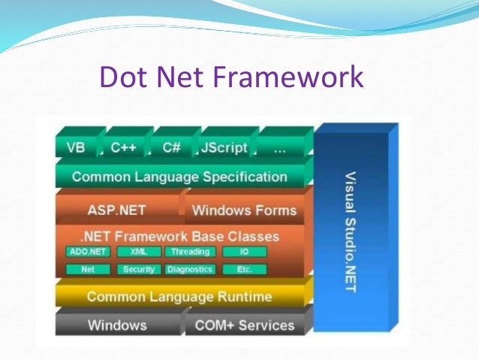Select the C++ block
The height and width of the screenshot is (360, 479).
tap(123, 148)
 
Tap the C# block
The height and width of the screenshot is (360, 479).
tap(171, 148)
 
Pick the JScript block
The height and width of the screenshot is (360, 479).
tap(223, 148)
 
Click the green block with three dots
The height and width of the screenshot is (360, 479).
tap(279, 148)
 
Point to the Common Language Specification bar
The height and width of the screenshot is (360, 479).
tap(179, 177)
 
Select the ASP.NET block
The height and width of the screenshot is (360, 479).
tap(116, 210)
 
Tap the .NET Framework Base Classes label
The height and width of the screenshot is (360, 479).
tap(179, 236)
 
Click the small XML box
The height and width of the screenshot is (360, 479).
tap(138, 252)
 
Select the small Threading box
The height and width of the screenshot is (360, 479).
tap(189, 252)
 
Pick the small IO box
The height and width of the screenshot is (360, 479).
tap(244, 252)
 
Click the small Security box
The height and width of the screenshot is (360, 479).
tap(138, 269)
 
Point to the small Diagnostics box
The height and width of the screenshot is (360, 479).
tap(190, 269)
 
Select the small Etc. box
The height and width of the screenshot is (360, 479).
tap(244, 269)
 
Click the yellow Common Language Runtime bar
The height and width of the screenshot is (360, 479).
tap(179, 297)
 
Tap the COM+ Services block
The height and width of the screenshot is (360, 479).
tap(244, 325)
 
